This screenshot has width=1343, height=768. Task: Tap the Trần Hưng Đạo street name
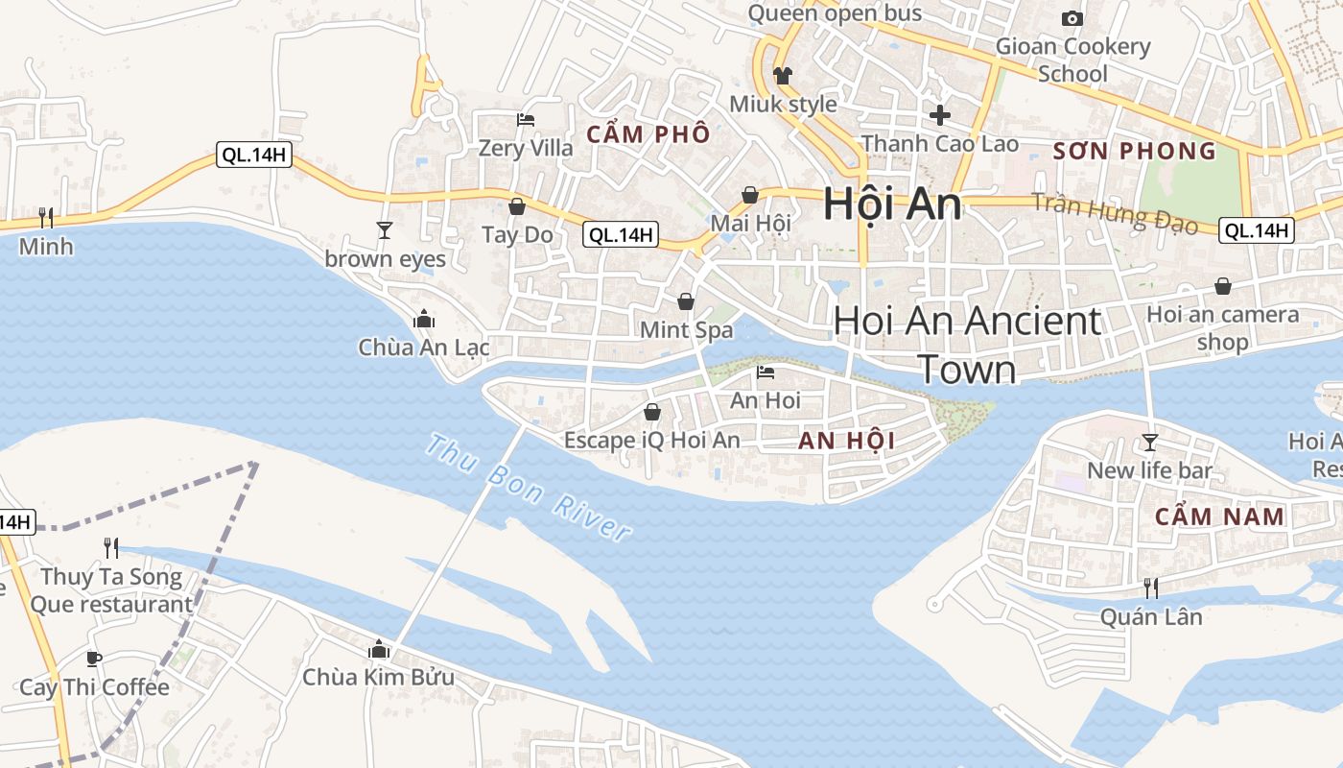pyautogui.click(x=1115, y=213)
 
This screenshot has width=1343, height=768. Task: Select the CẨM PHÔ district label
pyautogui.click(x=648, y=134)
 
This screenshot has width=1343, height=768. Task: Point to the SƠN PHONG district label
pyautogui.click(x=1135, y=151)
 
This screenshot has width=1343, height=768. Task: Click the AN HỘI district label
pyautogui.click(x=847, y=441)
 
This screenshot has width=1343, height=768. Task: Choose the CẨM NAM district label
pyautogui.click(x=1219, y=516)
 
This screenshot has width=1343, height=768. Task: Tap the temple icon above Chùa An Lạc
pyautogui.click(x=423, y=320)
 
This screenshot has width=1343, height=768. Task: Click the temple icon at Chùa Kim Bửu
pyautogui.click(x=378, y=649)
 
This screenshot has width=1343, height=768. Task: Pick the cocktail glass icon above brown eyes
pyautogui.click(x=385, y=230)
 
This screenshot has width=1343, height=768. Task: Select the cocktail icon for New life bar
pyautogui.click(x=1149, y=443)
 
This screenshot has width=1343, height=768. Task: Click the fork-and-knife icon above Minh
pyautogui.click(x=45, y=218)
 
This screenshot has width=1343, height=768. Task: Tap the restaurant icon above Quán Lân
pyautogui.click(x=1150, y=588)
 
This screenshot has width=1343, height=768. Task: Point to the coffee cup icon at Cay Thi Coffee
pyautogui.click(x=94, y=659)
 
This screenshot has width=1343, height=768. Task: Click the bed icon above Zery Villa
pyautogui.click(x=526, y=120)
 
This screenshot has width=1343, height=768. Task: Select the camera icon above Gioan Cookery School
pyautogui.click(x=1072, y=18)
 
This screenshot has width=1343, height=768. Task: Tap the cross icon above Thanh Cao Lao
pyautogui.click(x=940, y=115)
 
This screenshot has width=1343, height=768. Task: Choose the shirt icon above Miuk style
pyautogui.click(x=783, y=75)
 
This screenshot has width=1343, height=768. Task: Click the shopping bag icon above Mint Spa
pyautogui.click(x=686, y=302)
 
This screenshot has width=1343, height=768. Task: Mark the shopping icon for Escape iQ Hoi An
pyautogui.click(x=652, y=412)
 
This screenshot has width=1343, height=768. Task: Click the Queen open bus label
pyautogui.click(x=835, y=13)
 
